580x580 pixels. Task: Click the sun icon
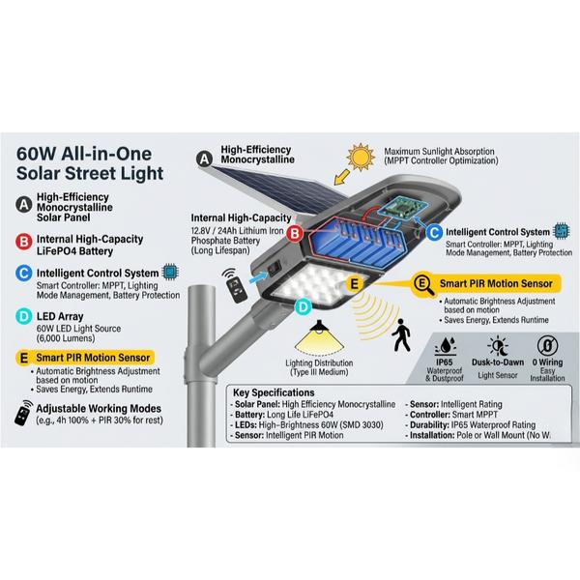[361, 157]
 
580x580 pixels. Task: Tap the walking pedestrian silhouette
[401, 335]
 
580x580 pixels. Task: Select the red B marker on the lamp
[295, 233]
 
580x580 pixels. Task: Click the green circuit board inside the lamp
[404, 207]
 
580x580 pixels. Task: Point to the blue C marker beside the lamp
[434, 233]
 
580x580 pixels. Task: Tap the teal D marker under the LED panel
[304, 307]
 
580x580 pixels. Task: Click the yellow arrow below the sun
[341, 177]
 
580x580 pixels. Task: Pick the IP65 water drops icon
[445, 346]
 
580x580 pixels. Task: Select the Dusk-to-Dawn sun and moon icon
[498, 346]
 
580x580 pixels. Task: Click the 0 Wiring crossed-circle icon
[547, 345]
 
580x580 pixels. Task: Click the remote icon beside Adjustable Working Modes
[23, 413]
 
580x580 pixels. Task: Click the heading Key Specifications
[274, 392]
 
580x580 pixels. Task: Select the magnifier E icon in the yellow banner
[422, 284]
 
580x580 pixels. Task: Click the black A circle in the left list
[24, 205]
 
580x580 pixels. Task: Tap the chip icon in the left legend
[170, 272]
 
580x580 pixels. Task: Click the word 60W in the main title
[36, 154]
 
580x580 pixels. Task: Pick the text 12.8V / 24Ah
[215, 231]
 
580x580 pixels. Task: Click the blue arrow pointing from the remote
[258, 277]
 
